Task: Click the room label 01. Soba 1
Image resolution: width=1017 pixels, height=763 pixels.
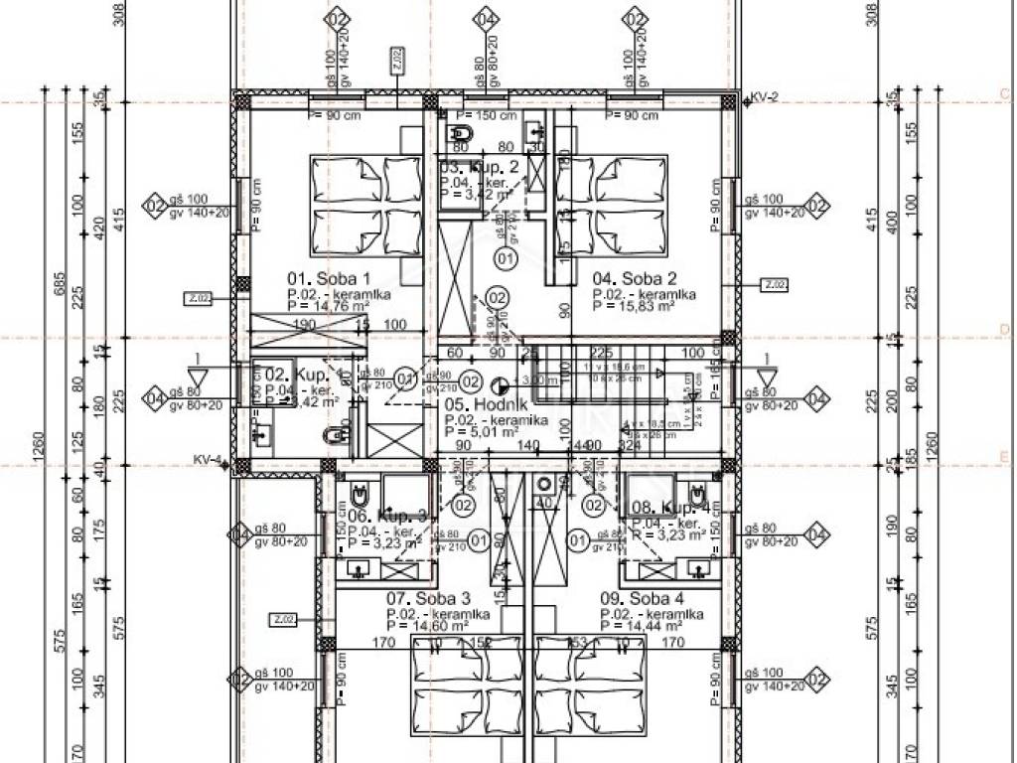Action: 328,279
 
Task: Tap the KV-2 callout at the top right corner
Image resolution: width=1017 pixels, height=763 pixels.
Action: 763,97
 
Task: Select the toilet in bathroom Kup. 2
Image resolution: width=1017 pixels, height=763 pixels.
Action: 462,132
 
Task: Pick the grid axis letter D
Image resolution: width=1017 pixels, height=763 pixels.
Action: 1005,329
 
